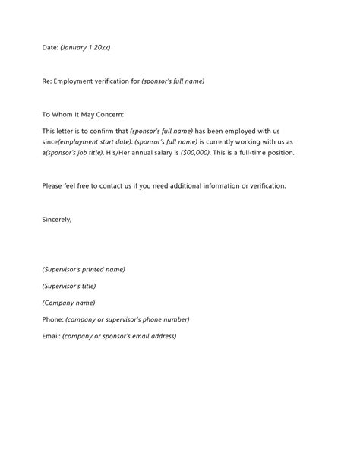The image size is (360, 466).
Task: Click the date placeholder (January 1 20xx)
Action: point(85,47)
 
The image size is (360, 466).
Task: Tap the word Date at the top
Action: point(49,47)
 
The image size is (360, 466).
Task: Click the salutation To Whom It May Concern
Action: point(83,114)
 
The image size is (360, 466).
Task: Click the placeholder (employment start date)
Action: point(99,141)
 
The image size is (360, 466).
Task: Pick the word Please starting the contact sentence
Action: point(52,185)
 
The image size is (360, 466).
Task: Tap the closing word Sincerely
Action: point(57,219)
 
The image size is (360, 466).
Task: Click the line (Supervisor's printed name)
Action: point(84,269)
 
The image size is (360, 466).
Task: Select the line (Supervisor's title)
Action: point(69,286)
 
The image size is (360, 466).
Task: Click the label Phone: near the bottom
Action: point(52,319)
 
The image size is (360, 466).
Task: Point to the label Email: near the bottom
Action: point(51,336)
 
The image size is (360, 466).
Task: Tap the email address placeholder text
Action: point(119,336)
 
